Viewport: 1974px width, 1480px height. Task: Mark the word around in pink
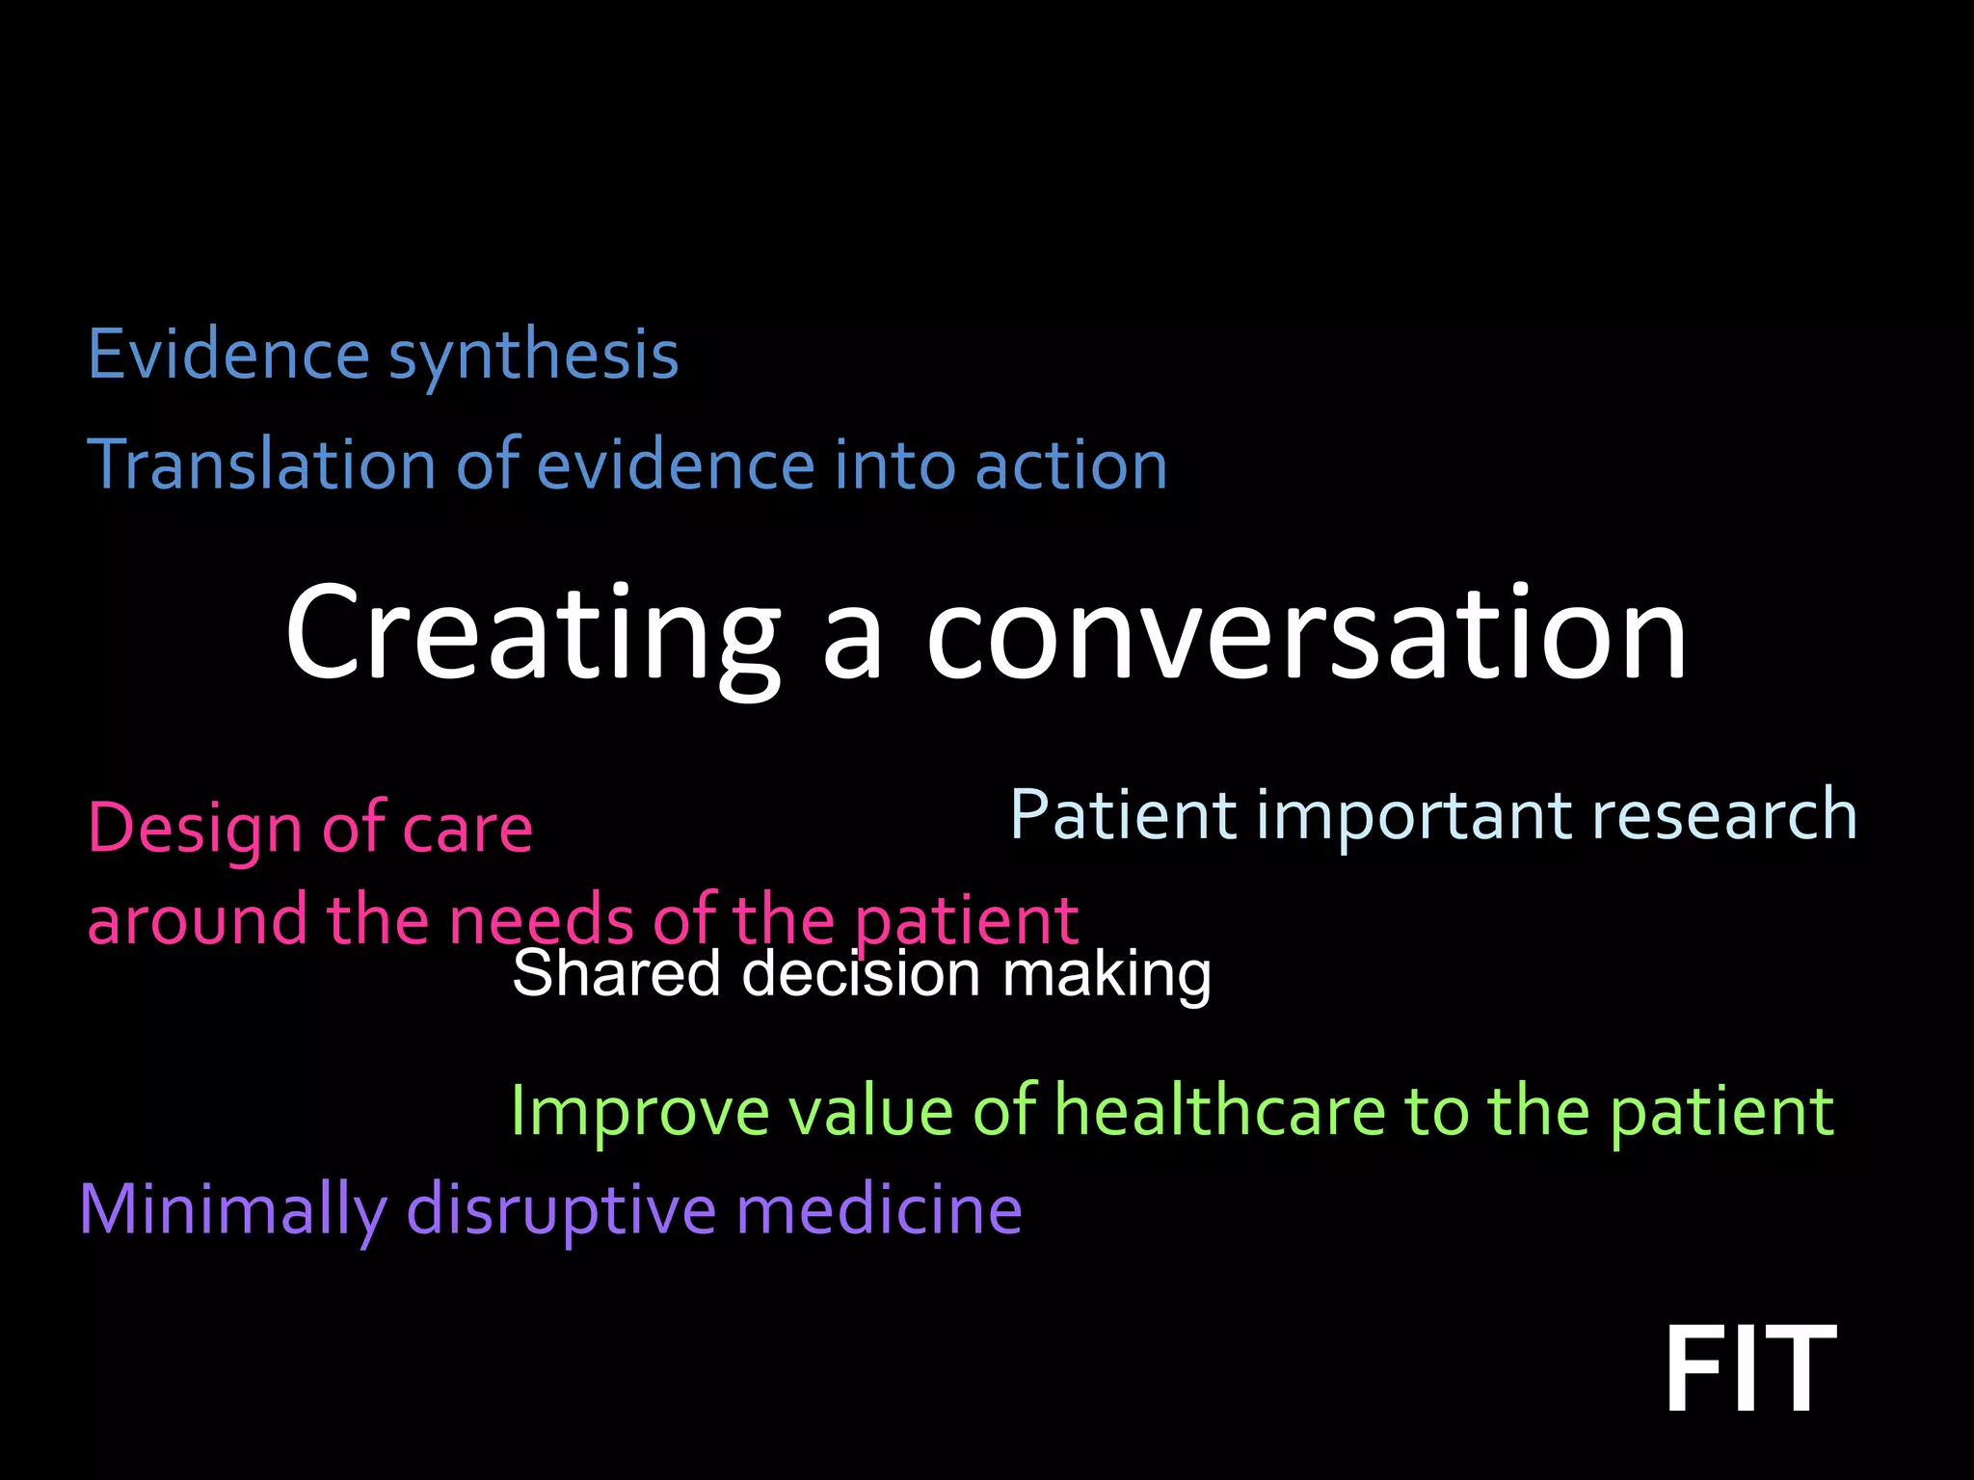tap(197, 920)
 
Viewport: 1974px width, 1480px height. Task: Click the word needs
tap(541, 920)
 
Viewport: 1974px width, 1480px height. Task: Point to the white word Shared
tap(616, 973)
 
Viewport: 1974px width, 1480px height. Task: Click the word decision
tap(861, 973)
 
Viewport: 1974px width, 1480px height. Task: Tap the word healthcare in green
tap(1219, 1111)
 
